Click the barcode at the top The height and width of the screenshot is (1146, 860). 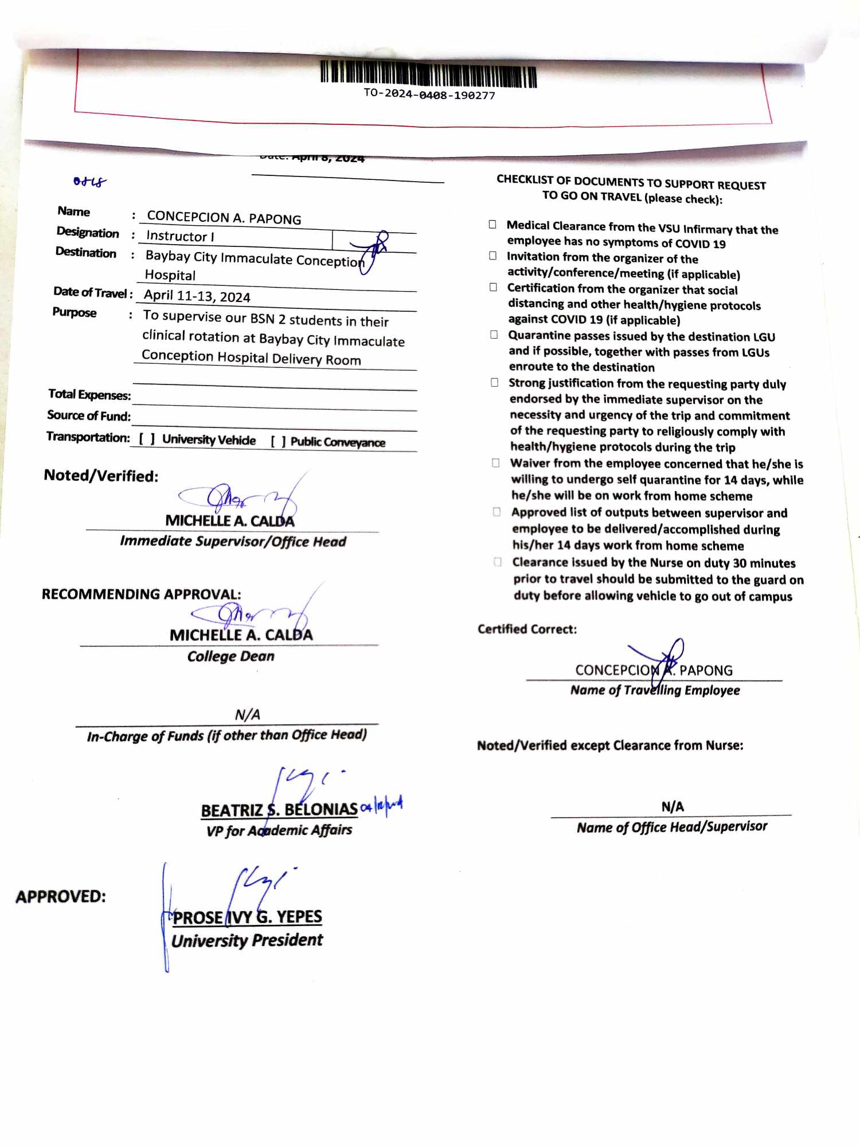(428, 74)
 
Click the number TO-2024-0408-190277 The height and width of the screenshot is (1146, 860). (429, 95)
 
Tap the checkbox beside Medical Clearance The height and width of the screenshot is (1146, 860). (492, 224)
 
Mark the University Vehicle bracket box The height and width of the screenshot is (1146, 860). (147, 439)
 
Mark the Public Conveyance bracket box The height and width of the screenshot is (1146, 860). (279, 441)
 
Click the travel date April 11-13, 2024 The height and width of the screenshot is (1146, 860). (197, 296)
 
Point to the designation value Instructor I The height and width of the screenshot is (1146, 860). (180, 236)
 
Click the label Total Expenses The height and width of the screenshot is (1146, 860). (89, 394)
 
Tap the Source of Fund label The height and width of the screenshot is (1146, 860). (89, 415)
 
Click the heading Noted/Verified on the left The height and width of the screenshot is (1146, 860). (101, 476)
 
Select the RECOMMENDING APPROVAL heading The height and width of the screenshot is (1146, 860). (141, 594)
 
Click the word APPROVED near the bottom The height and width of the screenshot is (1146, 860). (61, 896)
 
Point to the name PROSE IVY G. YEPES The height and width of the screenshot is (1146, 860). (247, 917)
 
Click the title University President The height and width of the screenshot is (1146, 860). (247, 940)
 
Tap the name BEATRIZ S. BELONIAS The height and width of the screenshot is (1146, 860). (279, 810)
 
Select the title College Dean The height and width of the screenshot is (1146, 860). (230, 656)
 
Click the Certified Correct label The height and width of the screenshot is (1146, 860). (527, 629)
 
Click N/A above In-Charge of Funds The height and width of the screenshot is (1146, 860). (248, 715)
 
